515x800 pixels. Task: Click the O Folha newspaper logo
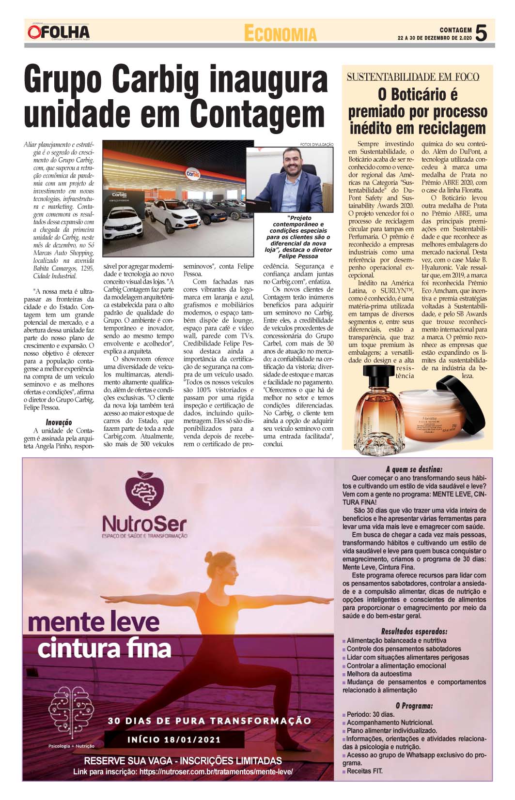coord(59,32)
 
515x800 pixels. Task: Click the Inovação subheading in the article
coord(59,423)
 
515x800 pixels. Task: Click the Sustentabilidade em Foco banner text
coord(413,76)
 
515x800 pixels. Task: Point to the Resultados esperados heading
coord(414,632)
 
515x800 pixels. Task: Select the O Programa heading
coord(414,706)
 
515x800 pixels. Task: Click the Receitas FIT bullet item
coord(364,771)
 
